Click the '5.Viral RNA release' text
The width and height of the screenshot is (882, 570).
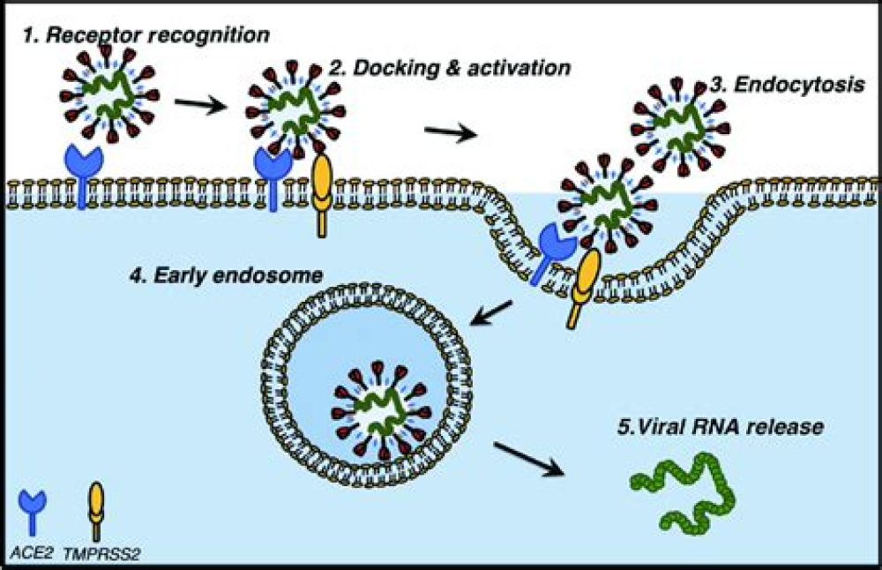pyautogui.click(x=719, y=428)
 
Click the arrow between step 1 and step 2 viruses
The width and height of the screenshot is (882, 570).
pyautogui.click(x=198, y=106)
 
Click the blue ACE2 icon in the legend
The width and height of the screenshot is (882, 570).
pyautogui.click(x=32, y=511)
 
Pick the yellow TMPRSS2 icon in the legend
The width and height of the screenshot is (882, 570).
pyautogui.click(x=95, y=510)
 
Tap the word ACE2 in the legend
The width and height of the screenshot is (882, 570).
pyautogui.click(x=32, y=555)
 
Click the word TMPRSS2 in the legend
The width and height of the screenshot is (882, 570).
pyautogui.click(x=99, y=555)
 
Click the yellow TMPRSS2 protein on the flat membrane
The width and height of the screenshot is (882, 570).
pyautogui.click(x=323, y=194)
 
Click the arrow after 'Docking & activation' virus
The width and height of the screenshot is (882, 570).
pyautogui.click(x=450, y=132)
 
